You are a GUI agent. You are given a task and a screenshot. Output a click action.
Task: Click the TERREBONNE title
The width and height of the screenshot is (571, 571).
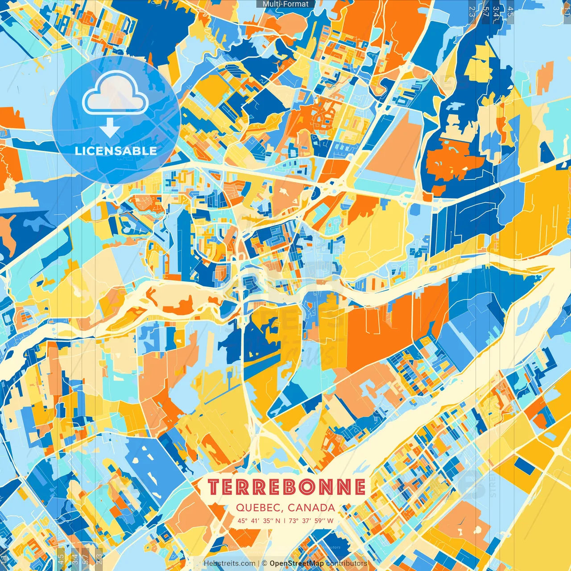pyautogui.click(x=287, y=487)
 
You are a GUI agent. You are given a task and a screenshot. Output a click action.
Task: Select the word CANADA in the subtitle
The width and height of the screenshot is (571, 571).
pyautogui.click(x=311, y=508)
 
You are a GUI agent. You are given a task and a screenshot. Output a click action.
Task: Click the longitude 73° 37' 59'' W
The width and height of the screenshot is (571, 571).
pyautogui.click(x=311, y=521)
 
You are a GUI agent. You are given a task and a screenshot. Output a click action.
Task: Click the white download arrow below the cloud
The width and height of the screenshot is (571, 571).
pyautogui.click(x=110, y=128)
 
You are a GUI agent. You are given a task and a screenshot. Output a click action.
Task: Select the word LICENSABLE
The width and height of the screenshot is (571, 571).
pyautogui.click(x=116, y=151)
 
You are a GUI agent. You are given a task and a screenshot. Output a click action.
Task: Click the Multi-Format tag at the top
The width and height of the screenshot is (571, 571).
pyautogui.click(x=285, y=4)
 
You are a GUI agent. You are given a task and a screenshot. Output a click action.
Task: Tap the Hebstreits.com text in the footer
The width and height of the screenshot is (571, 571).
pyautogui.click(x=230, y=563)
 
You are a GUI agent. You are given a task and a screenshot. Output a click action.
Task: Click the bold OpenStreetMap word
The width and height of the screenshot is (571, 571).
pyautogui.click(x=297, y=563)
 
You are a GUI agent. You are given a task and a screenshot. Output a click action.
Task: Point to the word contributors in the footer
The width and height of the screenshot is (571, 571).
pyautogui.click(x=347, y=563)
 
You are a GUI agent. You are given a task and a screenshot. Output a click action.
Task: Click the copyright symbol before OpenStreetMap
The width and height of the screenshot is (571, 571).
pyautogui.click(x=265, y=563)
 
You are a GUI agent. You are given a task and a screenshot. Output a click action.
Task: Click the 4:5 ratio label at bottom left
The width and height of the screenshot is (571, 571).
pyautogui.click(x=60, y=559)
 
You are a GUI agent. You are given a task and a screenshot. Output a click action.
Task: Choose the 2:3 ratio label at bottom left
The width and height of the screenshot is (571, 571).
pyautogui.click(x=99, y=559)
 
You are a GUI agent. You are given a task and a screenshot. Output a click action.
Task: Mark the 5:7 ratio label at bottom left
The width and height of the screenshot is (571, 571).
pyautogui.click(x=86, y=559)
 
